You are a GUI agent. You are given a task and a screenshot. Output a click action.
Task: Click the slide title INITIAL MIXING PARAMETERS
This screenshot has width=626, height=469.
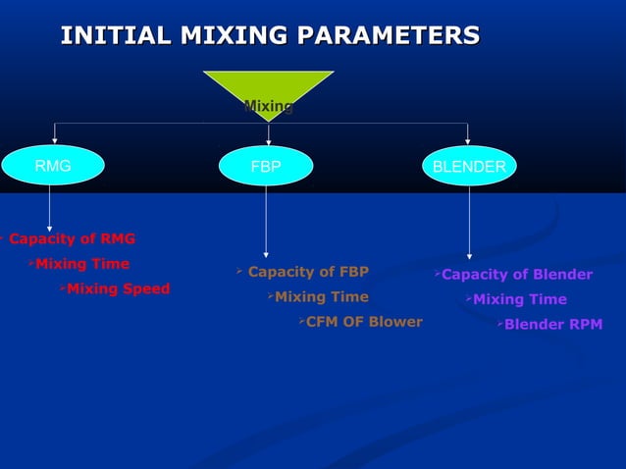(x=270, y=36)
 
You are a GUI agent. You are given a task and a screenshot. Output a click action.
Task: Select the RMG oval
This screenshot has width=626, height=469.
(x=53, y=167)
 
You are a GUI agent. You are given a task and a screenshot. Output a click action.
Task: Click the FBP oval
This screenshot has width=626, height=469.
(x=266, y=167)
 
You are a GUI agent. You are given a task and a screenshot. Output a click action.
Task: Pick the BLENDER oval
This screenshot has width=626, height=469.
(x=469, y=167)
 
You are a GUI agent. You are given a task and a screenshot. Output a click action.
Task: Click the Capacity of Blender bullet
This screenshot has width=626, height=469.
(x=516, y=275)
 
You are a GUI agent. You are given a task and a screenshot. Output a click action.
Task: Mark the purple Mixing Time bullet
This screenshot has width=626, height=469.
(x=519, y=299)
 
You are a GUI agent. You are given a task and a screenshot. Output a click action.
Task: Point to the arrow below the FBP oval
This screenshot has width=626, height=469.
(x=266, y=221)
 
